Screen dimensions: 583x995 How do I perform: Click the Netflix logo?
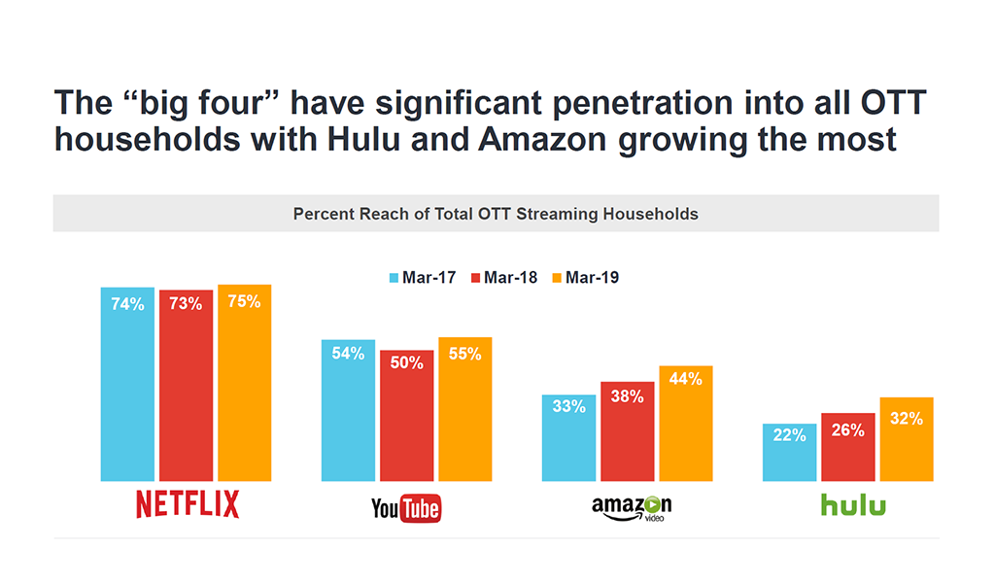click(x=187, y=505)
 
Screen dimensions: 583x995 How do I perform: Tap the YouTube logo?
click(x=406, y=507)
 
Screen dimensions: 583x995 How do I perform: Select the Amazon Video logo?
click(x=632, y=507)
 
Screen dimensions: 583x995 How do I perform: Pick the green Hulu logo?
click(x=853, y=505)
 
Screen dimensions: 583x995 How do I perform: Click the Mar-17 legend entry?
click(x=425, y=278)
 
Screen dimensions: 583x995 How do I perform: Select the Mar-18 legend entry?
click(x=503, y=278)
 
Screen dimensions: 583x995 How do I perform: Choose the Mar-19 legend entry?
click(x=585, y=278)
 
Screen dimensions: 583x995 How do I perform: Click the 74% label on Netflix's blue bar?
click(x=127, y=304)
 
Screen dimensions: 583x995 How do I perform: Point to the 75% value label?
click(x=244, y=302)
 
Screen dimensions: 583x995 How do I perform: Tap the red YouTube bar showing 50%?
click(x=406, y=418)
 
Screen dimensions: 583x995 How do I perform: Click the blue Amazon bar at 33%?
click(x=568, y=442)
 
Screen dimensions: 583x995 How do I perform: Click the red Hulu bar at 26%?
click(x=847, y=448)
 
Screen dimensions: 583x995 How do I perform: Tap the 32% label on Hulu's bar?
click(x=906, y=420)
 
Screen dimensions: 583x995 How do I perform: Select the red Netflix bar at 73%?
click(x=186, y=389)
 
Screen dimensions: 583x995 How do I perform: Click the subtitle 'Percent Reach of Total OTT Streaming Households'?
click(x=496, y=214)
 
